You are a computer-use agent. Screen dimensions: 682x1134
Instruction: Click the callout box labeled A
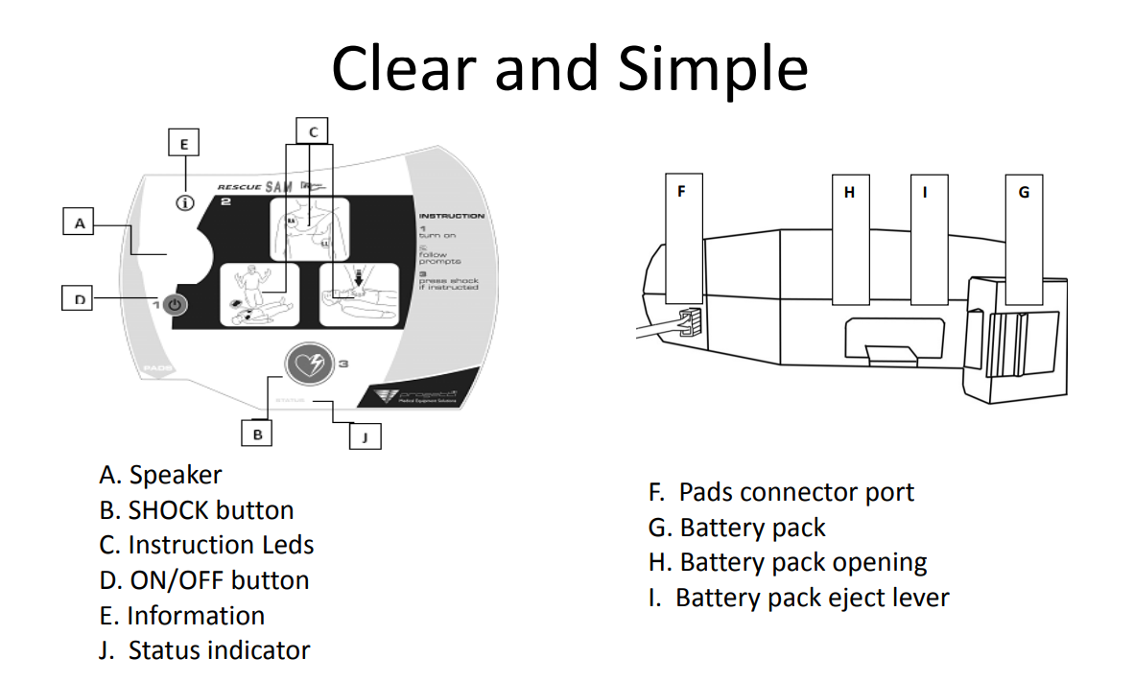click(80, 223)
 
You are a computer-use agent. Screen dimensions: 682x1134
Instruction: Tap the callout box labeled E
click(184, 144)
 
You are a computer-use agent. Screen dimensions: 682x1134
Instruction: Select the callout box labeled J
click(366, 437)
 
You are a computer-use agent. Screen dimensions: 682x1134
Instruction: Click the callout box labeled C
click(313, 130)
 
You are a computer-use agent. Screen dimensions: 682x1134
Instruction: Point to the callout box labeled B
click(257, 434)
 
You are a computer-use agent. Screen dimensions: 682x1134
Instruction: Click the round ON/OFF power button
click(174, 305)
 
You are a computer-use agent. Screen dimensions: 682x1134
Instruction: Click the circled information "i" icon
click(185, 203)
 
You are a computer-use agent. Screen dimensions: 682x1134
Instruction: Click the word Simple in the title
click(712, 68)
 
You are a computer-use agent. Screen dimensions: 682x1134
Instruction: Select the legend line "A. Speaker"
click(160, 475)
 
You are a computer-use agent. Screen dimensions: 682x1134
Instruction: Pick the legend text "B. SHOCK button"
click(197, 510)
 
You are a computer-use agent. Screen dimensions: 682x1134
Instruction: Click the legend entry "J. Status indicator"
click(204, 650)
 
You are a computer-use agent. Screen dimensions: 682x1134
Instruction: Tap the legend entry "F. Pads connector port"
click(781, 493)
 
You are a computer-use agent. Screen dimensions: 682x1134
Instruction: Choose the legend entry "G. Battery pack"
click(737, 528)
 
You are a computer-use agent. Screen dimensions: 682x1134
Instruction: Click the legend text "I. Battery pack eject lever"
click(798, 598)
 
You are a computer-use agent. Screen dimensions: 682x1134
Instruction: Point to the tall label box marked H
click(849, 240)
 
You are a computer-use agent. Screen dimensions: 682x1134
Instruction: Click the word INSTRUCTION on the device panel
click(451, 216)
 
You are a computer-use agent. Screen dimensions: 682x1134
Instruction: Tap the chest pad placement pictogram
click(310, 228)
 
